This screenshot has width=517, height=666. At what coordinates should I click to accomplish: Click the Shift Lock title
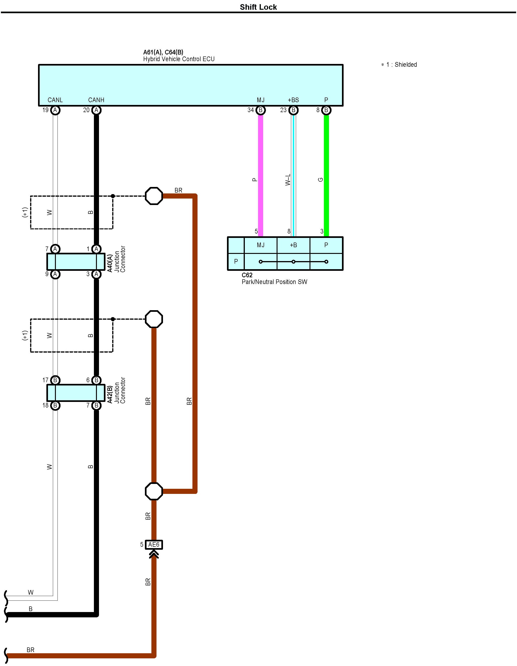(258, 7)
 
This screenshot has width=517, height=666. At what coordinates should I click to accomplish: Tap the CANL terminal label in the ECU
(55, 100)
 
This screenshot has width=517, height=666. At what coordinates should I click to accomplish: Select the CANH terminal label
(96, 100)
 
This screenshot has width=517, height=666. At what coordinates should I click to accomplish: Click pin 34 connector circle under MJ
(260, 110)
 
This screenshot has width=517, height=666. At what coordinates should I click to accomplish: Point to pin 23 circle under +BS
(293, 110)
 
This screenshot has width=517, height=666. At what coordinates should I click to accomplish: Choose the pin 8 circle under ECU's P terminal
(326, 110)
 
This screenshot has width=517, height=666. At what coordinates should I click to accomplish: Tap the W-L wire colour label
(287, 180)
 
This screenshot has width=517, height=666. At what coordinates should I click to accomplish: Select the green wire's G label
(320, 180)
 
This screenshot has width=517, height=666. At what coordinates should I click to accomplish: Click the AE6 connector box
(154, 545)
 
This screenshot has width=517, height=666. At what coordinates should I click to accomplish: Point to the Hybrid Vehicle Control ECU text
(179, 59)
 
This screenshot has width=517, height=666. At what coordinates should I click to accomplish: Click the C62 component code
(247, 275)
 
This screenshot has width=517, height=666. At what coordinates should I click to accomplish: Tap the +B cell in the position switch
(293, 245)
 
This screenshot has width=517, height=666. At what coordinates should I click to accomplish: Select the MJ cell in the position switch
(260, 245)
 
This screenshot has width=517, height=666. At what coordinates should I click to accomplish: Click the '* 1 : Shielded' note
(399, 65)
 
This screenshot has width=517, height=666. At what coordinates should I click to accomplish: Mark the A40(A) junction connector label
(110, 263)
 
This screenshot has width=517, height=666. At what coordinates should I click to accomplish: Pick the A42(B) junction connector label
(110, 394)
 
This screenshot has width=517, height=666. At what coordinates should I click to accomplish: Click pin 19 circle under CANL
(55, 110)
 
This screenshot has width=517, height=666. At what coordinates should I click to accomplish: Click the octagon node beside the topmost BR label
(154, 196)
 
